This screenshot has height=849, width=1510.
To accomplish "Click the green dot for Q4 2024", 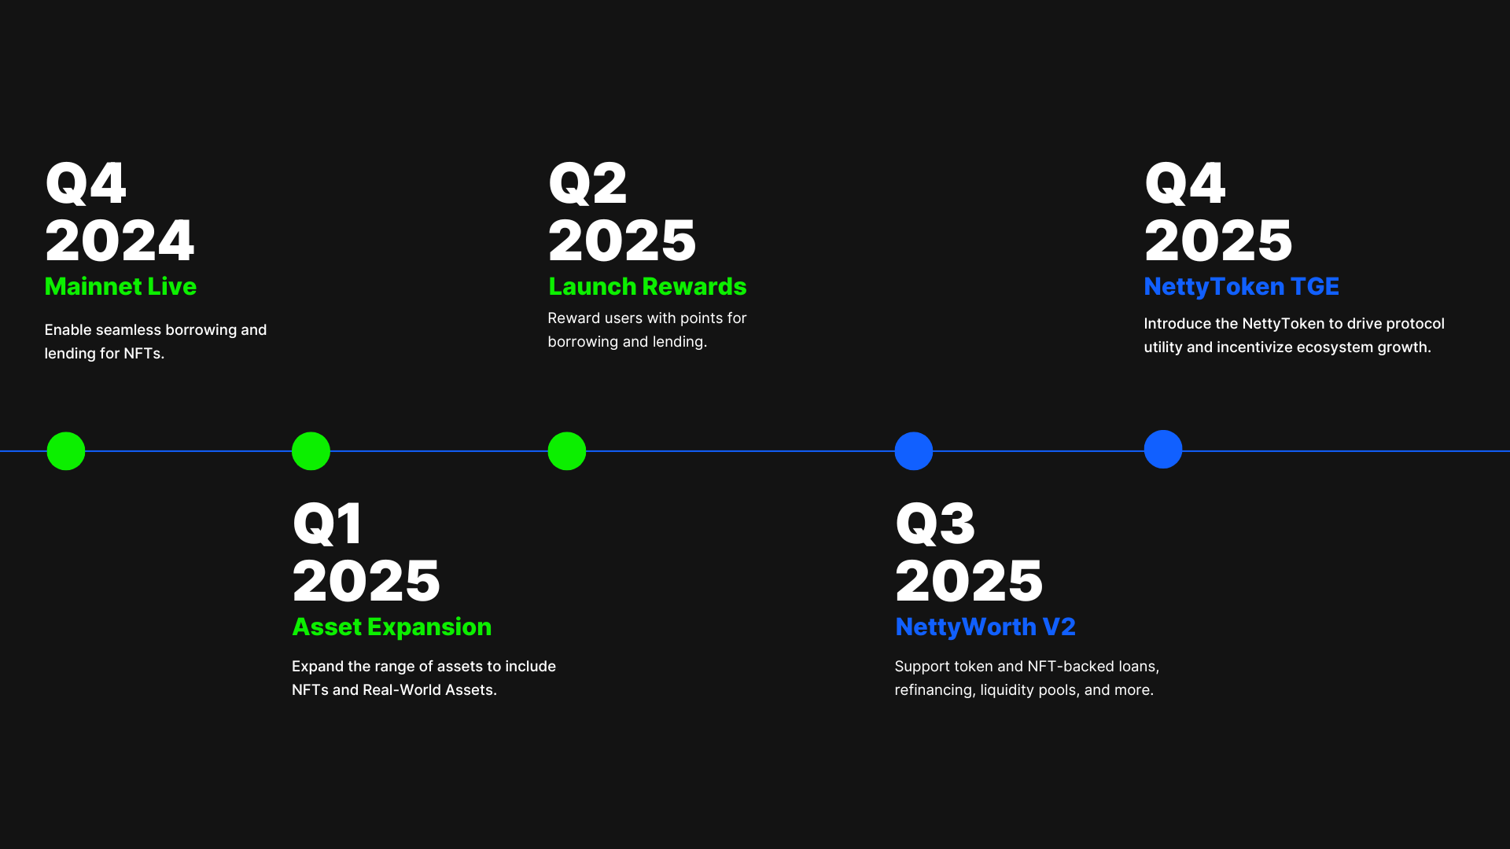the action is [x=66, y=451].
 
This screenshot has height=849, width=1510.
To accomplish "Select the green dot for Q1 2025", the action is [x=311, y=451].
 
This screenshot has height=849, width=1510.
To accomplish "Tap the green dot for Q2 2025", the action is [x=567, y=451].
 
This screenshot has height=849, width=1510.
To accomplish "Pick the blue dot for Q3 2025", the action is [x=914, y=451].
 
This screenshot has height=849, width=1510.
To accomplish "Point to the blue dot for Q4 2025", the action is [x=1163, y=449].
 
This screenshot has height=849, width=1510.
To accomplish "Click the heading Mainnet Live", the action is [x=120, y=286].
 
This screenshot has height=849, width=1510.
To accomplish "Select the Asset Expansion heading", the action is [x=392, y=627].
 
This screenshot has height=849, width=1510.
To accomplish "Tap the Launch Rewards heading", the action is [x=647, y=286].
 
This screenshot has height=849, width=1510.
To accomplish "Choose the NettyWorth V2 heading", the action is [x=985, y=627].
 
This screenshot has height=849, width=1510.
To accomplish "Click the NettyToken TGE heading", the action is [x=1241, y=287].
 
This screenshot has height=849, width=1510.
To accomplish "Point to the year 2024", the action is [x=120, y=241].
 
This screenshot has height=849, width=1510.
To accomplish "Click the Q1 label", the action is [x=327, y=524].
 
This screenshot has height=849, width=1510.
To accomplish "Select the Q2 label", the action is [x=587, y=183].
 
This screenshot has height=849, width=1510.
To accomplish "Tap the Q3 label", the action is [x=935, y=524].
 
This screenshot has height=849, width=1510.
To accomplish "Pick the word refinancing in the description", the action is [x=934, y=690].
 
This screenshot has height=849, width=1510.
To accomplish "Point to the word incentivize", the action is [x=1254, y=347].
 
